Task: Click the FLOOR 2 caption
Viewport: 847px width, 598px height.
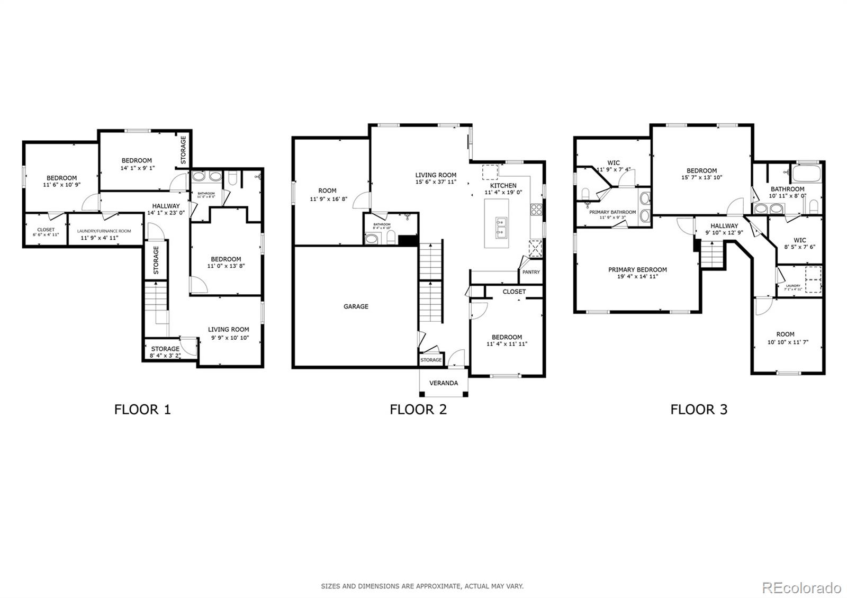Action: [x=418, y=409]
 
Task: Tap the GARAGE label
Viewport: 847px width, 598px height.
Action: [x=356, y=306]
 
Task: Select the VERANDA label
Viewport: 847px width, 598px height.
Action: [x=444, y=383]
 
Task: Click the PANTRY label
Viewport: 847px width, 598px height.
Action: [x=531, y=272]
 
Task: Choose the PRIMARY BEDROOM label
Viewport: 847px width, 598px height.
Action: [x=637, y=269]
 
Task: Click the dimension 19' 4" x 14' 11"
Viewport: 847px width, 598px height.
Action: [x=637, y=276]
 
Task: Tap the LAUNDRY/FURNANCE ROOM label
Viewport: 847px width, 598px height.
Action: [x=104, y=231]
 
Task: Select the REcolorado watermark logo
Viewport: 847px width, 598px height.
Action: [x=801, y=587]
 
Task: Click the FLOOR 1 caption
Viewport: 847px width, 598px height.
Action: [x=142, y=409]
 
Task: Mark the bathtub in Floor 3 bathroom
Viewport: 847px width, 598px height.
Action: [x=805, y=173]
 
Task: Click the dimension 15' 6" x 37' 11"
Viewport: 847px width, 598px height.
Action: [x=436, y=182]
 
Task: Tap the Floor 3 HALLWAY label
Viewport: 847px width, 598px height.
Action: [x=724, y=225]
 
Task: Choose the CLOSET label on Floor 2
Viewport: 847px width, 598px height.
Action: [x=514, y=292]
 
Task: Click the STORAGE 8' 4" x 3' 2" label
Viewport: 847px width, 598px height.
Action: [x=165, y=349]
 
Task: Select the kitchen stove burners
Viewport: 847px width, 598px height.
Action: [x=536, y=209]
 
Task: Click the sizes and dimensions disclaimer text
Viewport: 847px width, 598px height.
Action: [x=422, y=586]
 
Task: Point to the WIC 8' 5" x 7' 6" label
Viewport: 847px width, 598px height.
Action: [x=800, y=240]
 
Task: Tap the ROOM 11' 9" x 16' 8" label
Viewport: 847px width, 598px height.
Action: [x=327, y=191]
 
